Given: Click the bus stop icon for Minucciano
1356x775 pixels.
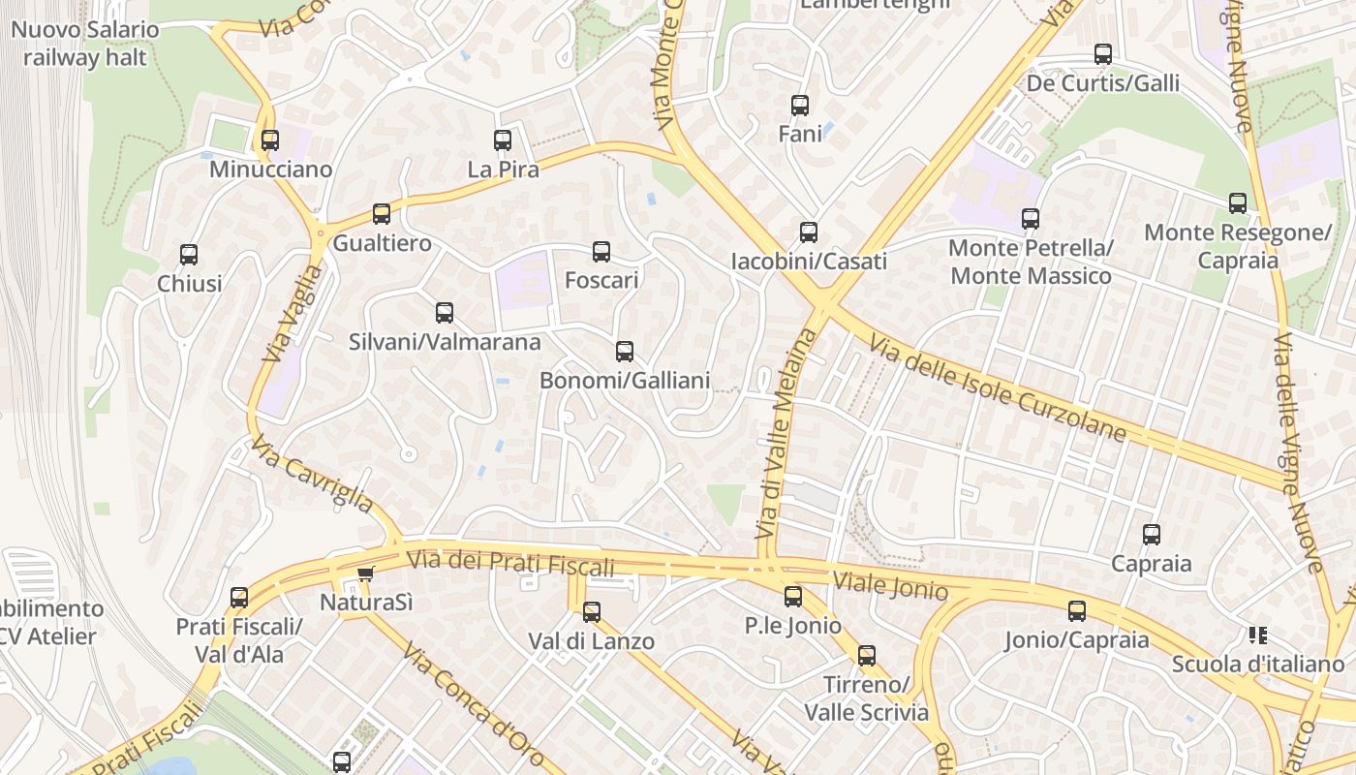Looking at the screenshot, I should (270, 140).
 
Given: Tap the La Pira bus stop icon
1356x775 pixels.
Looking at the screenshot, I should (503, 140).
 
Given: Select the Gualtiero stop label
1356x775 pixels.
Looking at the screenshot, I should (383, 243).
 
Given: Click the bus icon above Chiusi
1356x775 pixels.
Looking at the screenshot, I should (189, 255).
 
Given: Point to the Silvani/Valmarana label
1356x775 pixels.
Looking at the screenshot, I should (445, 342).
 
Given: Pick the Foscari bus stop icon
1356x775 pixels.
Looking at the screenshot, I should (601, 252).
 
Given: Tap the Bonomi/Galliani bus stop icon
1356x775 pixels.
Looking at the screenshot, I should (625, 352).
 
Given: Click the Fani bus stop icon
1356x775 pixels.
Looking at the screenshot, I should (800, 106).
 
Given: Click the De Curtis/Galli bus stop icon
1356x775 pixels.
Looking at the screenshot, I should (1103, 54).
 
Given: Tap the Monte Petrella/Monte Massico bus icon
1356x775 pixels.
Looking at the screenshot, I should (1031, 219).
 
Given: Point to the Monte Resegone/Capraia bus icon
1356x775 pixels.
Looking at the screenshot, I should (1238, 203).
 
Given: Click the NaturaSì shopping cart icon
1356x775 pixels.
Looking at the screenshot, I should (365, 573).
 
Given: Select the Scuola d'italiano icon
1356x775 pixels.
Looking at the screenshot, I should (1258, 635).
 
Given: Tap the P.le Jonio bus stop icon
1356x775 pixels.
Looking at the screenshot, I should (793, 597).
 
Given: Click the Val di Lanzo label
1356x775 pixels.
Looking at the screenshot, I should (592, 641).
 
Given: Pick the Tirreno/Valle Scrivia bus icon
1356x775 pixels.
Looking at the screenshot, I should (867, 656).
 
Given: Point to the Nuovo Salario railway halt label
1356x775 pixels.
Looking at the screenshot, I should (85, 44).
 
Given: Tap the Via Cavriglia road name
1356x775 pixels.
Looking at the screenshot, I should (312, 475).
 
